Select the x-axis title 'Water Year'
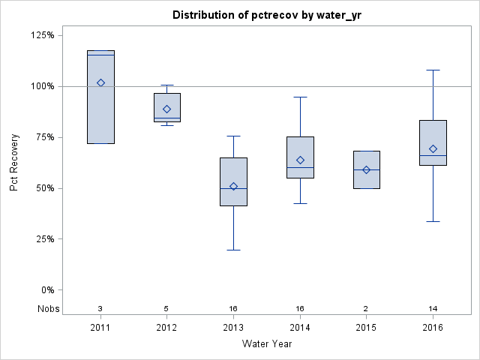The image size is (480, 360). click(267, 343)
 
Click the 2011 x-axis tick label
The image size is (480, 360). click(100, 327)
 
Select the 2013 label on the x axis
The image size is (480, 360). click(233, 327)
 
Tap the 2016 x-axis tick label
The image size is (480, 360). click(433, 327)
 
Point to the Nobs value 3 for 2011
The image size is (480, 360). click(100, 308)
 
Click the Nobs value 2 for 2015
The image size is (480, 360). click(367, 308)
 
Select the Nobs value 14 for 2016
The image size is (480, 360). click(433, 308)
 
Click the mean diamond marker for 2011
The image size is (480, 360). click(100, 82)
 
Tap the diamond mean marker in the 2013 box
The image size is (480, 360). click(233, 186)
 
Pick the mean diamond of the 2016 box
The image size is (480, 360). click(433, 148)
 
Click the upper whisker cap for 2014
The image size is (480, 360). click(300, 97)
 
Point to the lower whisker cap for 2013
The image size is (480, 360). click(233, 250)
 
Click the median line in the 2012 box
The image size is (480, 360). click(167, 118)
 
